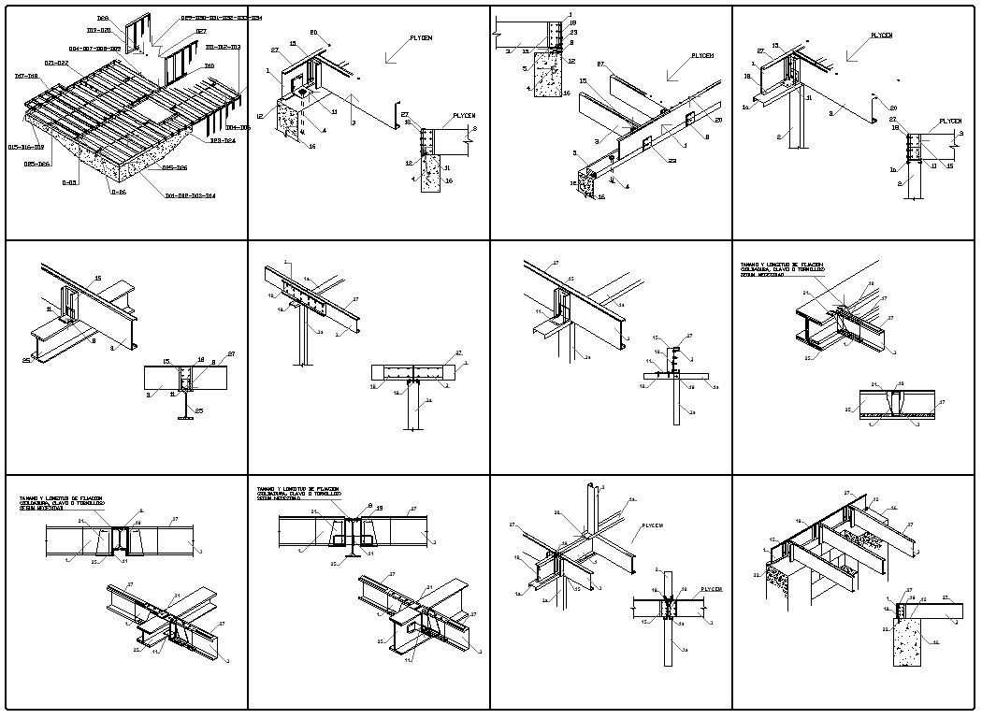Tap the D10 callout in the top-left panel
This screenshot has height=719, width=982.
pyautogui.click(x=209, y=66)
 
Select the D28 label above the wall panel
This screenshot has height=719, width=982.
pyautogui.click(x=103, y=19)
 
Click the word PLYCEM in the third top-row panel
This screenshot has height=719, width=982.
pyautogui.click(x=702, y=56)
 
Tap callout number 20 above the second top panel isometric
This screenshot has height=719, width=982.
pyautogui.click(x=314, y=33)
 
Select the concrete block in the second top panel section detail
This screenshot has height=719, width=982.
pyautogui.click(x=430, y=174)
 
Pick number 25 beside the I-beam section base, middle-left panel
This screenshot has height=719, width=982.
pyautogui.click(x=198, y=410)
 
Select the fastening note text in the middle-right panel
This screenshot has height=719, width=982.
pyautogui.click(x=782, y=270)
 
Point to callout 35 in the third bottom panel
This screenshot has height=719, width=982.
pyautogui.click(x=558, y=512)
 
